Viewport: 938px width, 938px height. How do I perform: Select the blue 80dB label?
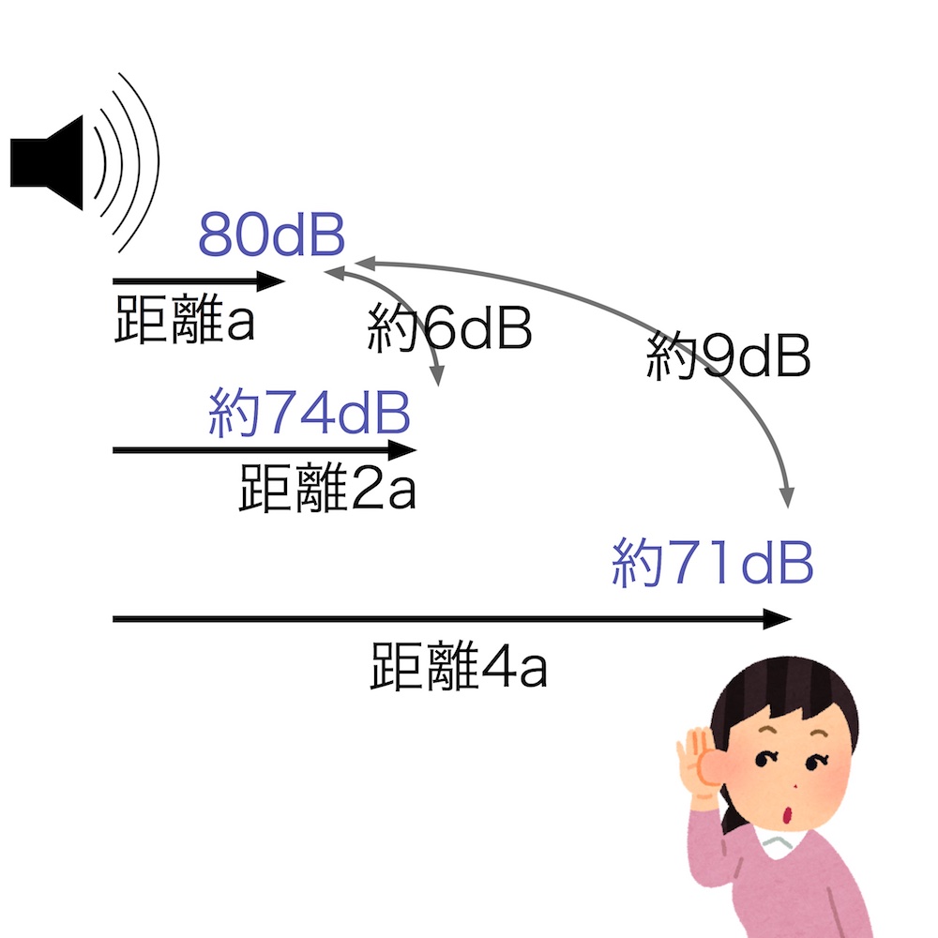pos(271,237)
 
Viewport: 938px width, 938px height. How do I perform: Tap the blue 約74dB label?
pos(309,414)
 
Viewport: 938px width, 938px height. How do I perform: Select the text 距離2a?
pos(327,489)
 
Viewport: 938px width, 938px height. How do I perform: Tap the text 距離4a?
pos(459,667)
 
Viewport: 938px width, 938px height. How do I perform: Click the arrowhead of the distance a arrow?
pos(274,280)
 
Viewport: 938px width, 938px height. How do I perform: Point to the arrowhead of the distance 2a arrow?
pos(405,449)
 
